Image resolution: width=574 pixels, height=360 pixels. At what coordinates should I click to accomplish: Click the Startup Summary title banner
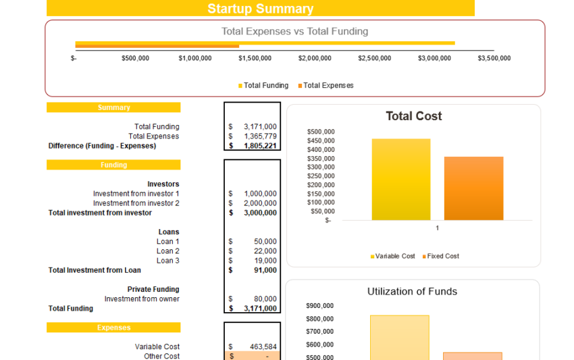260,9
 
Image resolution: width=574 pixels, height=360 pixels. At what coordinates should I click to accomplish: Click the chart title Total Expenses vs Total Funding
294,31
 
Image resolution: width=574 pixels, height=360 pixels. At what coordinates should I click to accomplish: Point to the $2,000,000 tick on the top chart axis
315,58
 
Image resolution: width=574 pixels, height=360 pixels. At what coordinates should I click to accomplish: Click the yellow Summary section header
113,107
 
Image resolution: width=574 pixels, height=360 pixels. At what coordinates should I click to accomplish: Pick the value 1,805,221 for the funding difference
259,146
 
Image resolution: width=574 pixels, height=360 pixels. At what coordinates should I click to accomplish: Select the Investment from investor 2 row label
136,203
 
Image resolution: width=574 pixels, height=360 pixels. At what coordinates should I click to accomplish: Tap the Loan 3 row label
167,261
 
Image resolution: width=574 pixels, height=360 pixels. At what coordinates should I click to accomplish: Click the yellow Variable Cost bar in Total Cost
400,180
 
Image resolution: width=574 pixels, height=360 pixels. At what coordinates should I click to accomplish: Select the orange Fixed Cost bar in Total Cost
473,188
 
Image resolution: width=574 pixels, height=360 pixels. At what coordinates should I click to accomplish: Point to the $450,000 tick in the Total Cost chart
320,140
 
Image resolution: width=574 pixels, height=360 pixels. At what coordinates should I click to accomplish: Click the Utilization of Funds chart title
412,292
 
